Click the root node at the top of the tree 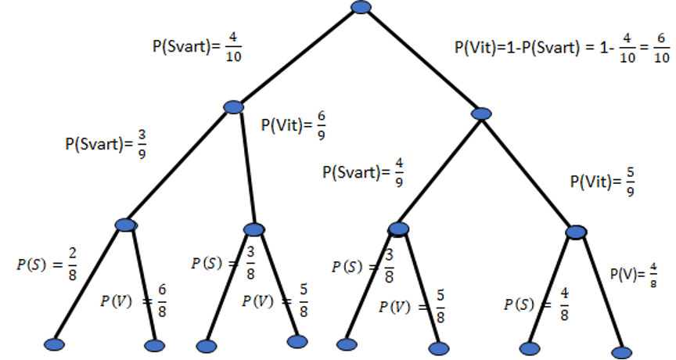pyautogui.click(x=361, y=7)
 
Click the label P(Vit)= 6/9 pyautogui.click(x=293, y=126)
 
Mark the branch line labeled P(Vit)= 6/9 pyautogui.click(x=246, y=168)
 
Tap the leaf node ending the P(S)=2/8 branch pyautogui.click(x=53, y=344)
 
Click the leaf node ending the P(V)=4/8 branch pyautogui.click(x=622, y=352)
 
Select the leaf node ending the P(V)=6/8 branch pyautogui.click(x=155, y=345)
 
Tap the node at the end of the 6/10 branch pyautogui.click(x=482, y=114)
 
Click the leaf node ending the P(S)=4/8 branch pyautogui.click(x=530, y=347)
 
